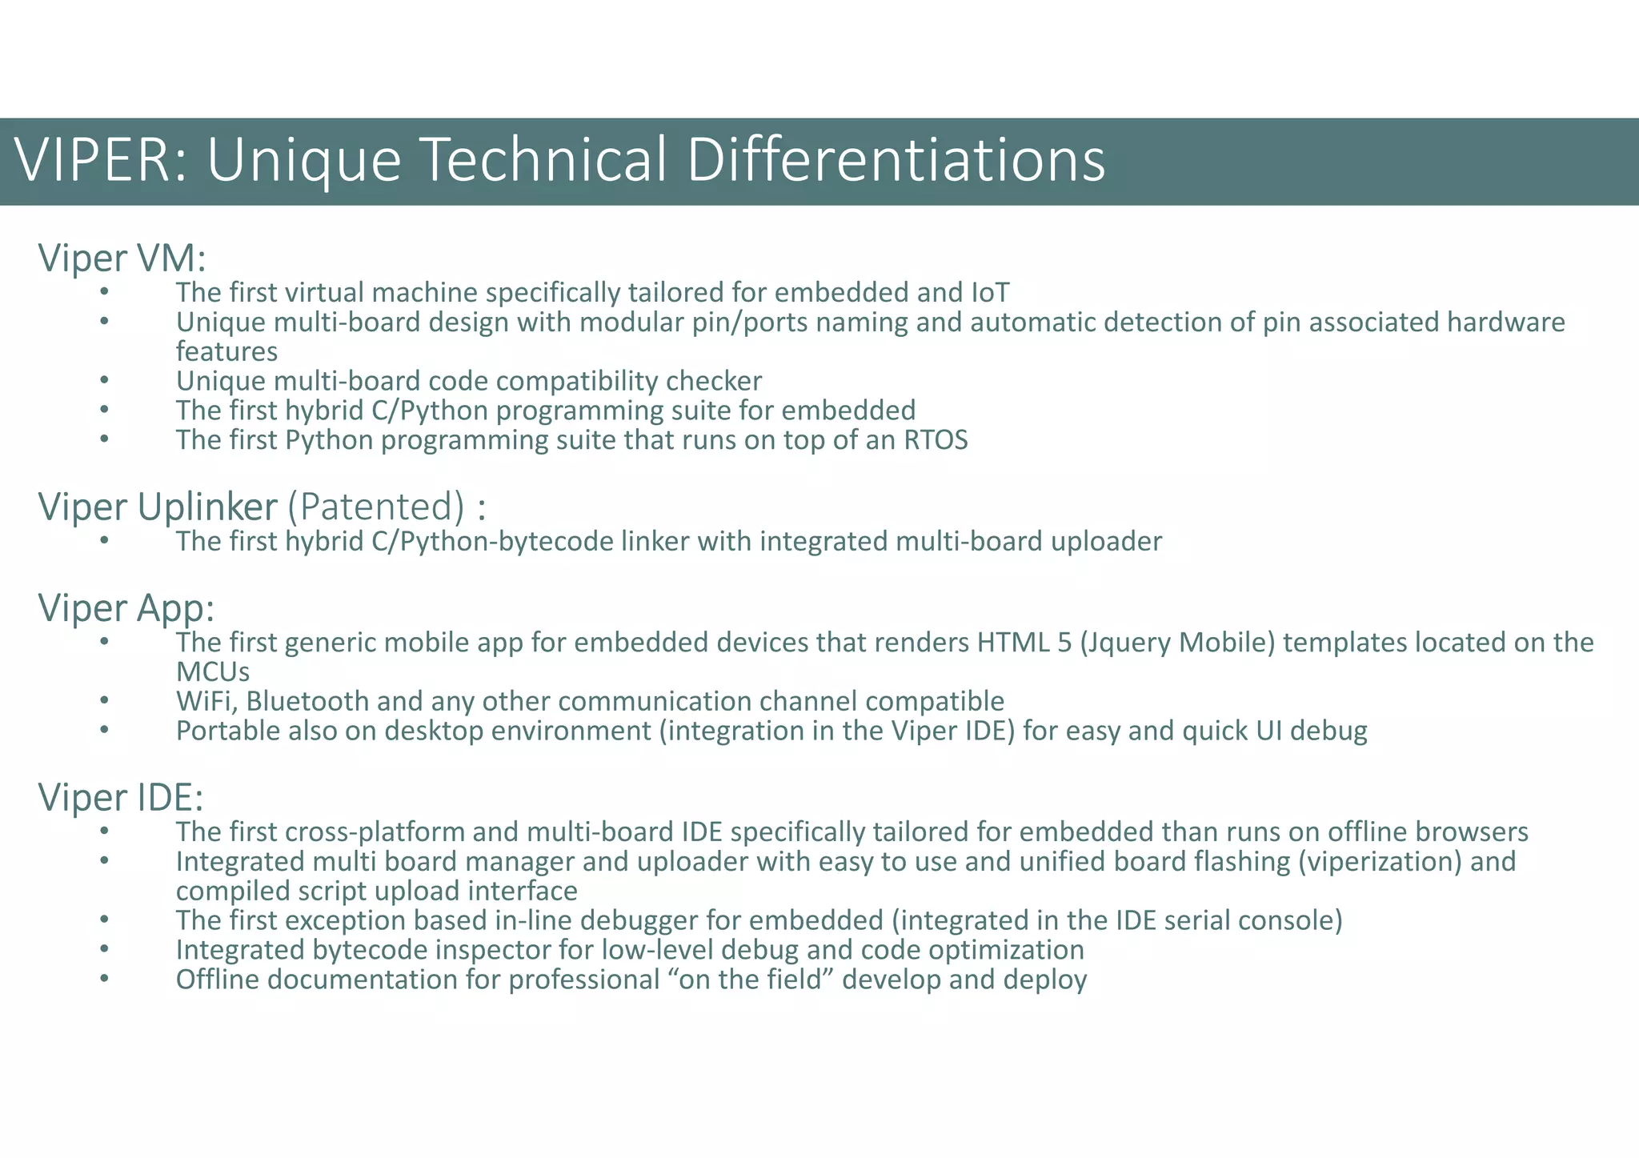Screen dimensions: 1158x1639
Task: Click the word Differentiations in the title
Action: click(896, 160)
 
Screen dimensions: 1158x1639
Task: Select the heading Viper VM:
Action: click(122, 258)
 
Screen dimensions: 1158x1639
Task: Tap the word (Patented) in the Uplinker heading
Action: click(375, 507)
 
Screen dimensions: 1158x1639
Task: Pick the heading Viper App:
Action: click(126, 608)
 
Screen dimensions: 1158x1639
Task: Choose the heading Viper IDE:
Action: click(121, 798)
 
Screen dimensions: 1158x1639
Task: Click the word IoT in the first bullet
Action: click(990, 293)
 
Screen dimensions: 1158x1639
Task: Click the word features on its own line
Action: click(226, 351)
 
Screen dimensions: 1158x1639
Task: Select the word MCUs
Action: click(212, 671)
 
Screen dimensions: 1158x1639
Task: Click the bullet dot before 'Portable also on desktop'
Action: click(104, 730)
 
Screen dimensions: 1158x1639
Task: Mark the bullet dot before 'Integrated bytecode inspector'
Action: click(104, 949)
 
